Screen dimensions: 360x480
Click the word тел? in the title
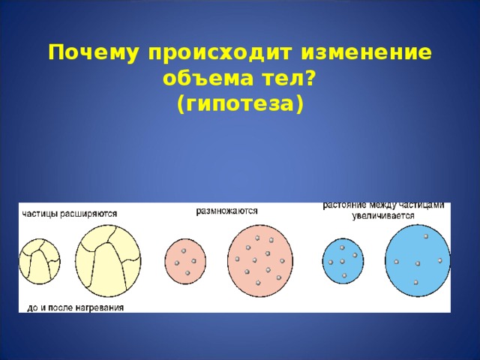284,79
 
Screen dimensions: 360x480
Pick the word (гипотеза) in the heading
240,103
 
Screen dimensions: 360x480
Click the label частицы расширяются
69,213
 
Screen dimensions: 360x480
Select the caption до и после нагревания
76,306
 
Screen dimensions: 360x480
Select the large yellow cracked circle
108,259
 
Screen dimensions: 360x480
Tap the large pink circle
259,260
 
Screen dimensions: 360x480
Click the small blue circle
342,261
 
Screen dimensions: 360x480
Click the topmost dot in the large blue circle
425,237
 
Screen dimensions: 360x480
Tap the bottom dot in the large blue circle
415,282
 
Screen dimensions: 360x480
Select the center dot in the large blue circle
418,262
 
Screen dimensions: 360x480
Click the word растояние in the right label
346,205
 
